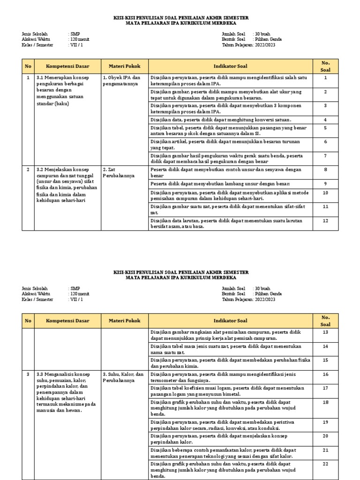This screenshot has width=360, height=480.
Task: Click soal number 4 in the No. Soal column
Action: point(325,120)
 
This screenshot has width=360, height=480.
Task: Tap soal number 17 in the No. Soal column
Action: point(325,388)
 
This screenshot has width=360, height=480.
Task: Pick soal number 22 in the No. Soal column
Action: point(325,464)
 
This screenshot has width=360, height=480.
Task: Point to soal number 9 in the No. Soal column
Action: point(325,183)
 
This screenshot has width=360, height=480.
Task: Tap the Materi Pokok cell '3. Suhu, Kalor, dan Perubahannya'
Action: point(123,377)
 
